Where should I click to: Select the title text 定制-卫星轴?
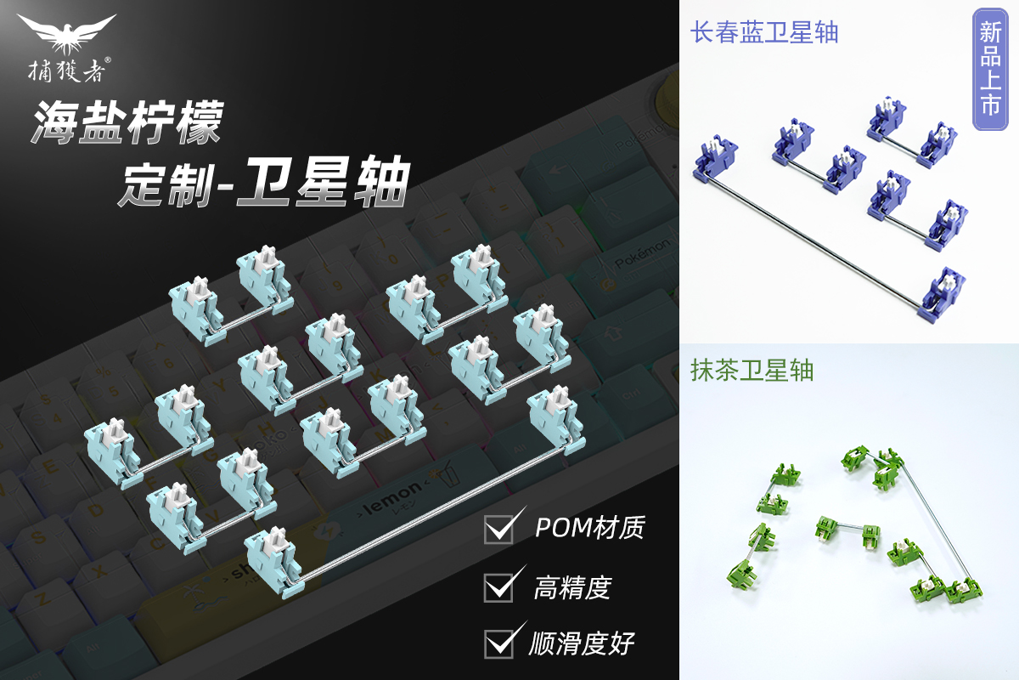click(x=264, y=182)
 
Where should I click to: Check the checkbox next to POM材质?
click(x=498, y=529)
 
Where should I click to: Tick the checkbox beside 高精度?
click(x=498, y=587)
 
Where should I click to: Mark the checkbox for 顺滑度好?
click(x=498, y=643)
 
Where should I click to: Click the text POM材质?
click(x=589, y=528)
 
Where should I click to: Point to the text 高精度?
click(x=572, y=586)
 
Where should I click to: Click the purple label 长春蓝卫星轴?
click(x=765, y=33)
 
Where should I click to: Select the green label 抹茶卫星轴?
click(x=753, y=370)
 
